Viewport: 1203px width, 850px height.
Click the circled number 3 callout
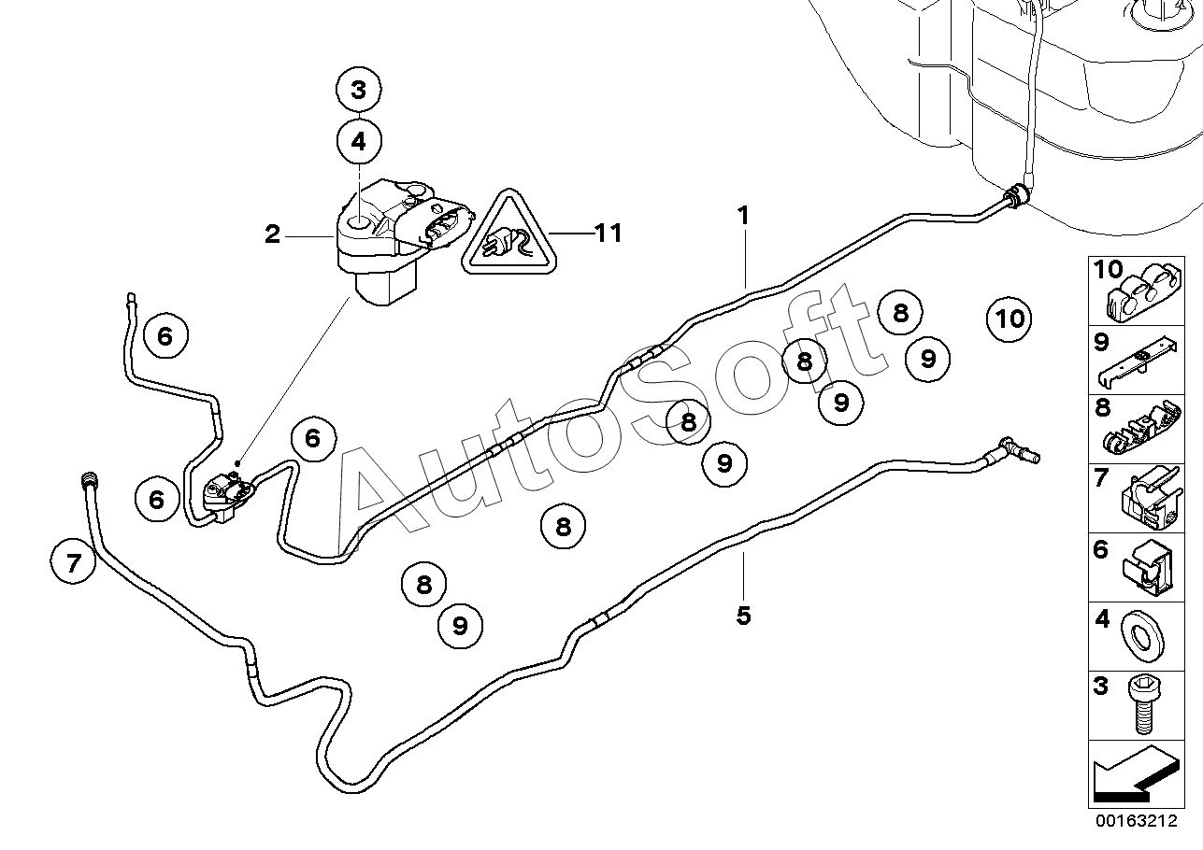click(359, 90)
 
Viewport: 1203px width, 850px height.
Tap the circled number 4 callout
click(359, 141)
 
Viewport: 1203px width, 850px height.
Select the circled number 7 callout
click(73, 562)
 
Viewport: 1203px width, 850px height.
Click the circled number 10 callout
click(1010, 319)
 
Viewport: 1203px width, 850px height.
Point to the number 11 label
click(608, 234)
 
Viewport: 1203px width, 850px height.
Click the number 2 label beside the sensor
click(272, 234)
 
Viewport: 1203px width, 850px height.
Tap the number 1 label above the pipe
click(743, 216)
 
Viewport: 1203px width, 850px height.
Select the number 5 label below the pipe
click(743, 616)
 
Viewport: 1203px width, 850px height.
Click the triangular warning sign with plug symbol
click(508, 232)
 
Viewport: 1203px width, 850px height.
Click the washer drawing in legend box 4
click(1142, 636)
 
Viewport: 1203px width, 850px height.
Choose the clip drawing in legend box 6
click(1146, 569)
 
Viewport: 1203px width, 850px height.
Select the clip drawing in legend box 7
click(1152, 499)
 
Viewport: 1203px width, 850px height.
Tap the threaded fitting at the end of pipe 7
click(87, 478)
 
